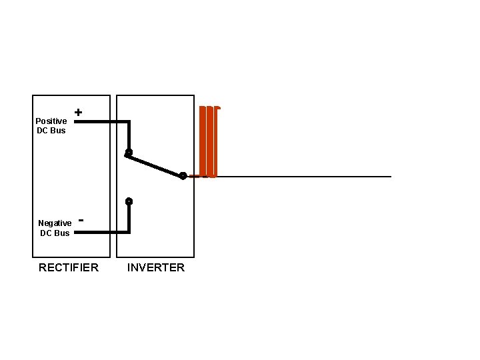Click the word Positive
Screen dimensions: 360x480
pyautogui.click(x=51, y=121)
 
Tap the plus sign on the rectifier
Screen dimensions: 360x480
pyautogui.click(x=79, y=113)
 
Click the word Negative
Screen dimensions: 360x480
pyautogui.click(x=55, y=223)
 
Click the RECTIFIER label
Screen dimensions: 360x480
pyautogui.click(x=69, y=267)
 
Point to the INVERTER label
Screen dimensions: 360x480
pyautogui.click(x=156, y=267)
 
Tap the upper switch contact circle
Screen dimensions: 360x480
pyautogui.click(x=129, y=153)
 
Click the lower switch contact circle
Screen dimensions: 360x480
pyautogui.click(x=129, y=201)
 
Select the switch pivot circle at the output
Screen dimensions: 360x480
pyautogui.click(x=183, y=176)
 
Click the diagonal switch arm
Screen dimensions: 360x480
pyautogui.click(x=155, y=165)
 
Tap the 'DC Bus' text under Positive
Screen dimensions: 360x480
pyautogui.click(x=51, y=130)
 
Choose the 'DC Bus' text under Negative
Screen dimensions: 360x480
pyautogui.click(x=55, y=233)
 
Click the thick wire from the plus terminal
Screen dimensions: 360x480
pyautogui.click(x=100, y=122)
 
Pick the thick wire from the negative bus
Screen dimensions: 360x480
pyautogui.click(x=100, y=232)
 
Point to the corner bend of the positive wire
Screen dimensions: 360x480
pyautogui.click(x=129, y=122)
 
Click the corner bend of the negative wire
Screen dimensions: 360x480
pyautogui.click(x=129, y=232)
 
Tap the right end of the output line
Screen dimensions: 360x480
pyautogui.click(x=389, y=177)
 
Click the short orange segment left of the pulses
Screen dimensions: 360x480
pyautogui.click(x=194, y=177)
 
